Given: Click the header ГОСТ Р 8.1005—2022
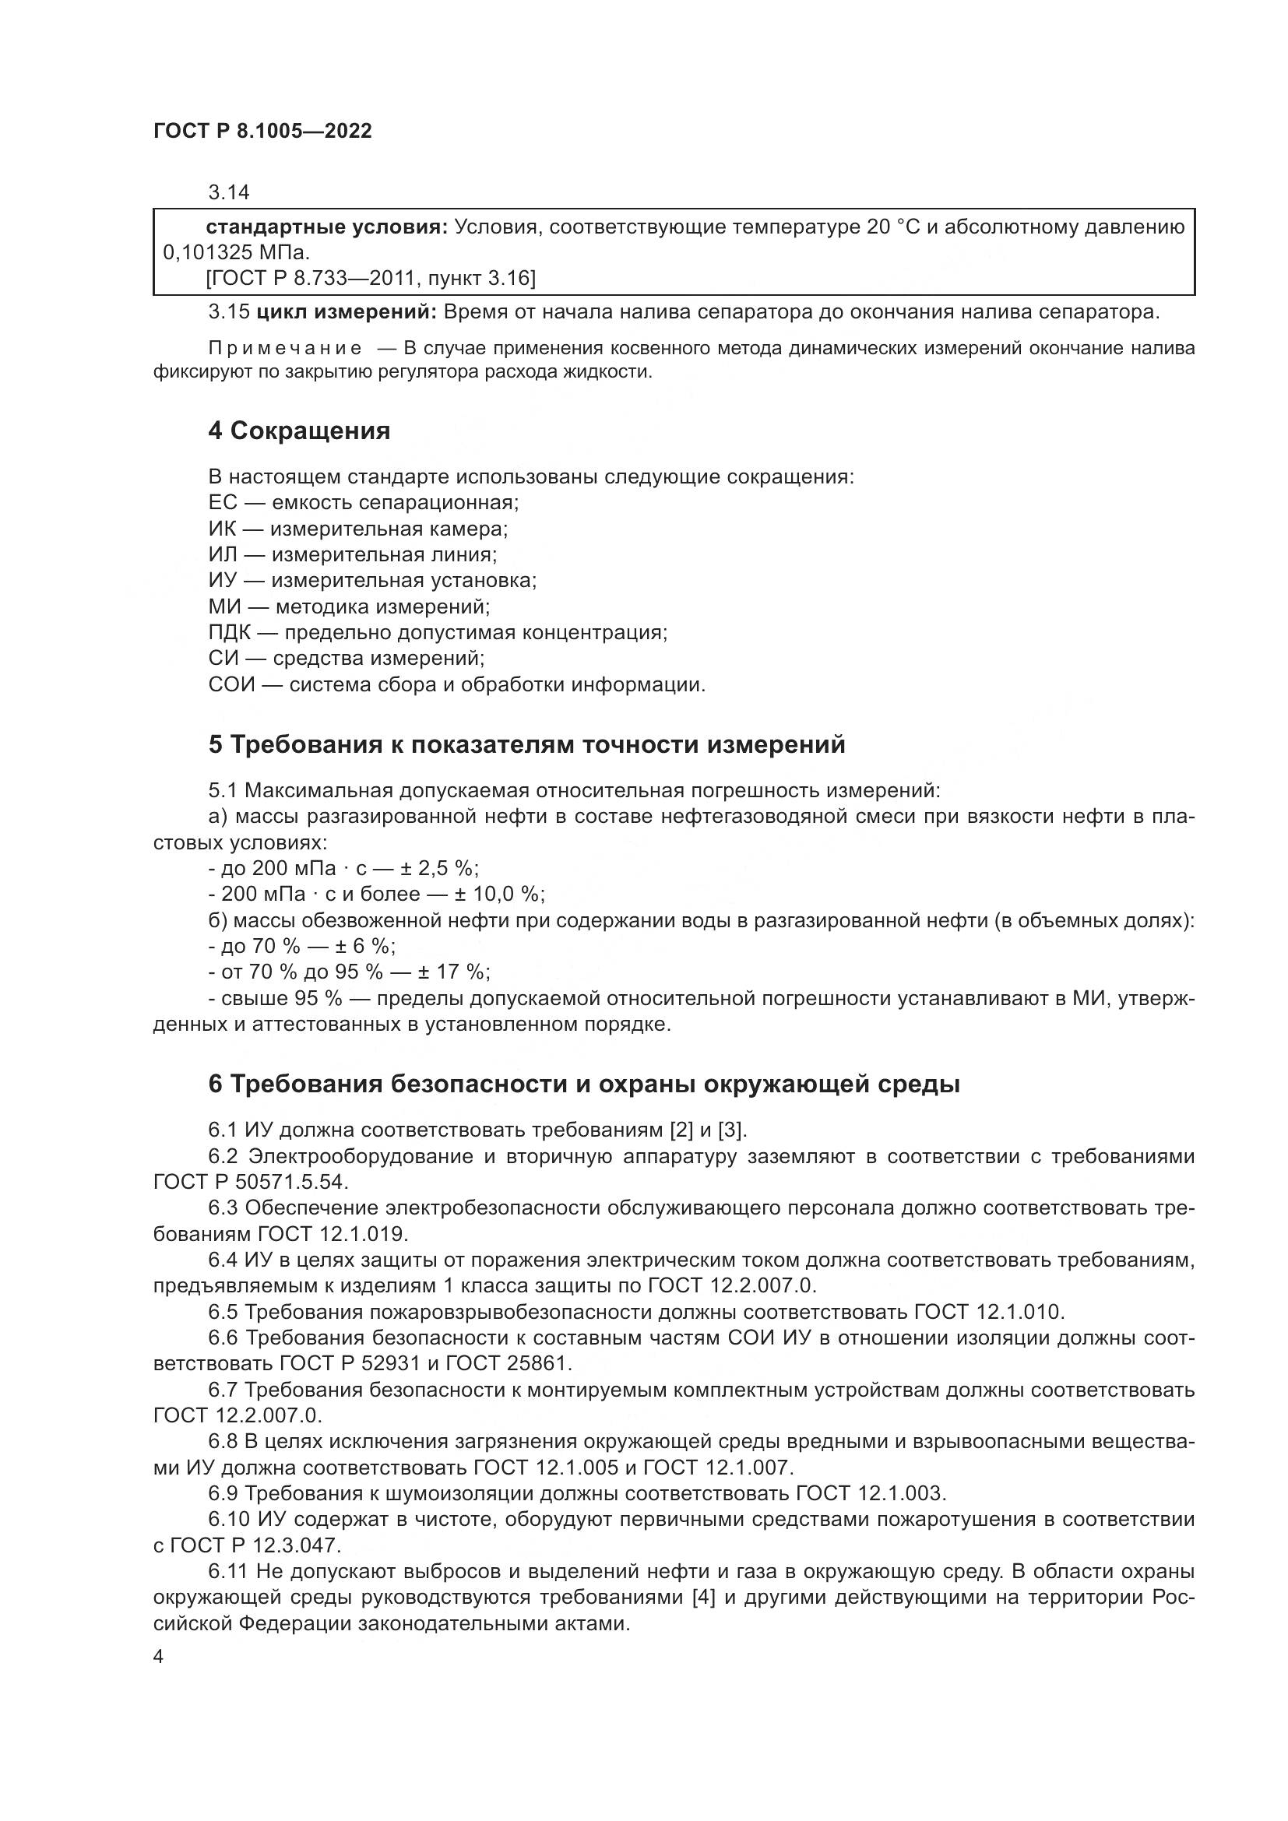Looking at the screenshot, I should pyautogui.click(x=262, y=132).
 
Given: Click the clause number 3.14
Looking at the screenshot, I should pyautogui.click(x=228, y=192).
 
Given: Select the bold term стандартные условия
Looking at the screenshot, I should pyautogui.click(x=327, y=227).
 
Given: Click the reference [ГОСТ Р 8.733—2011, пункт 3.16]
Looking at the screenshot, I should pyautogui.click(x=371, y=279).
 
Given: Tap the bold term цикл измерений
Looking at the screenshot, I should pyautogui.click(x=346, y=312).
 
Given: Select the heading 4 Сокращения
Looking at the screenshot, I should pyautogui.click(x=299, y=431).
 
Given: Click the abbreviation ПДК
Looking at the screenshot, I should pyautogui.click(x=229, y=633).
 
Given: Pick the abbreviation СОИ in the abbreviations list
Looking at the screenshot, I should pyautogui.click(x=231, y=684).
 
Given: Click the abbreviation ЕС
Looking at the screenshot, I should pyautogui.click(x=222, y=503).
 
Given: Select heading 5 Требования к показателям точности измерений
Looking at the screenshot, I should pyautogui.click(x=526, y=745).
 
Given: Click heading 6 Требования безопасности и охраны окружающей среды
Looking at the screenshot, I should pyautogui.click(x=584, y=1085).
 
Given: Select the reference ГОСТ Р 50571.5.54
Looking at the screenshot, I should pyautogui.click(x=250, y=1183).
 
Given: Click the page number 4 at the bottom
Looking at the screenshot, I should pyautogui.click(x=159, y=1658).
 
